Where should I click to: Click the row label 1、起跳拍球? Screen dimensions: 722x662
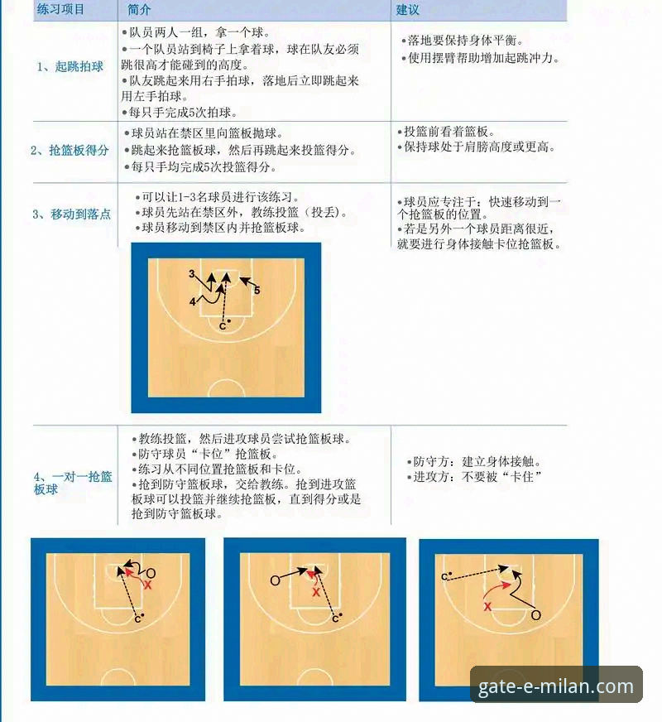(x=70, y=66)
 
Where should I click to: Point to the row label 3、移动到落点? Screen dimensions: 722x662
(x=71, y=214)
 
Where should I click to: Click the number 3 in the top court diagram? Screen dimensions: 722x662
(x=191, y=273)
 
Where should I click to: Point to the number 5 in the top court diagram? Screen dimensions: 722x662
(x=257, y=291)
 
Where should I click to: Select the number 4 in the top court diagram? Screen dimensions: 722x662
(x=192, y=302)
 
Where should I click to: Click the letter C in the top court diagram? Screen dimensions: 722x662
(x=222, y=326)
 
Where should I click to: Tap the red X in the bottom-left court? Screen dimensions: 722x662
(x=148, y=585)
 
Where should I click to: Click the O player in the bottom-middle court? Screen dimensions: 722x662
(x=275, y=580)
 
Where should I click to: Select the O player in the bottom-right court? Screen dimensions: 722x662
(x=535, y=615)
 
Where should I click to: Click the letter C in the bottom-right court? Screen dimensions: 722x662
(x=445, y=576)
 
